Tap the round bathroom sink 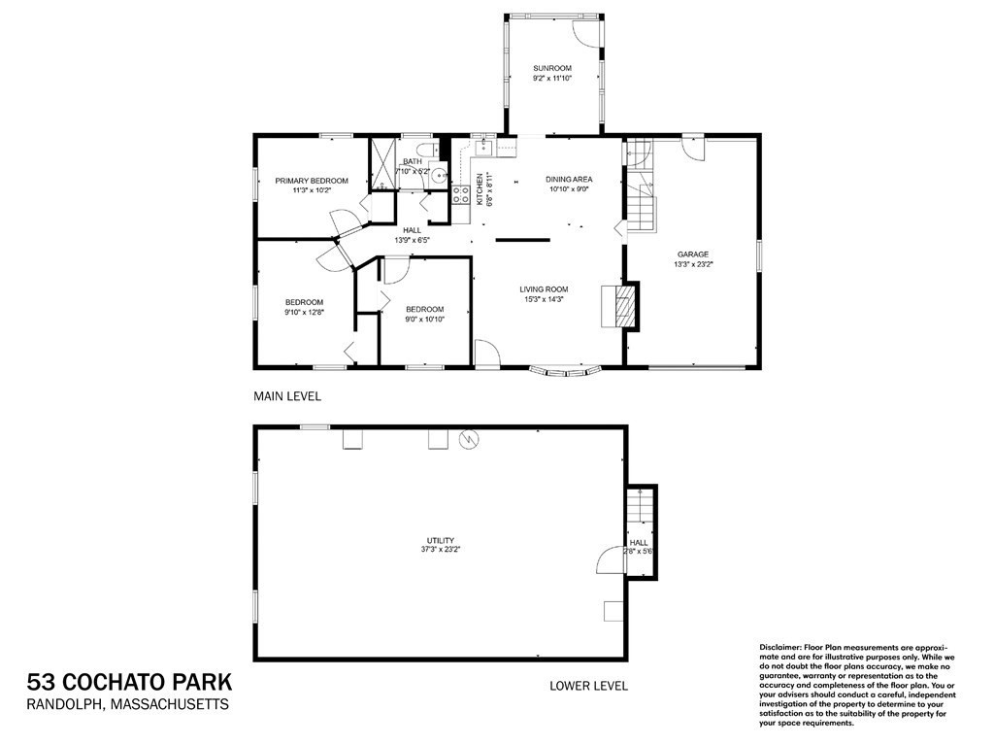point(438,177)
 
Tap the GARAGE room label point(692,254)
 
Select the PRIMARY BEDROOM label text point(311,181)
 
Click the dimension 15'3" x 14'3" point(543,299)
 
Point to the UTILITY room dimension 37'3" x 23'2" point(440,550)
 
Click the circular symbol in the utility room point(469,439)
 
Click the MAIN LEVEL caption point(286,396)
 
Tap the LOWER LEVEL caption point(588,686)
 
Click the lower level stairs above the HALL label point(640,508)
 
